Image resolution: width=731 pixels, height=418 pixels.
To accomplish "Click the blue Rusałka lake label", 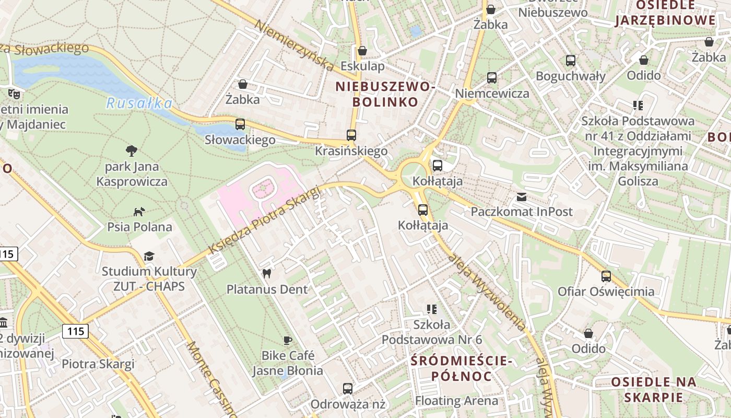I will click(x=139, y=103).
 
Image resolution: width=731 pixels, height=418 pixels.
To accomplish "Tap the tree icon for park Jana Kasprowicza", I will click(x=132, y=151).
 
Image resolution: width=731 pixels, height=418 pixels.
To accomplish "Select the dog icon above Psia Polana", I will click(x=139, y=212).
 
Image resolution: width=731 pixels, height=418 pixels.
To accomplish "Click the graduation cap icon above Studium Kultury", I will click(x=149, y=256).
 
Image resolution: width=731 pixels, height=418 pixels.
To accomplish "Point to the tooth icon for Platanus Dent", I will click(x=267, y=273).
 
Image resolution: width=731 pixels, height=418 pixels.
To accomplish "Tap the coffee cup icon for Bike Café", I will click(x=287, y=340).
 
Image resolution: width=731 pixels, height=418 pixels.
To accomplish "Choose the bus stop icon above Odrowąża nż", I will click(x=348, y=388).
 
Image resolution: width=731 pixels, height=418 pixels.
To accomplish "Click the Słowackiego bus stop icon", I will click(x=240, y=124).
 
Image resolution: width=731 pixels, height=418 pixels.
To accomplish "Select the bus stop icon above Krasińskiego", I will click(x=351, y=135).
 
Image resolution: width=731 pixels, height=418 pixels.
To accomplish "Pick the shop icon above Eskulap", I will click(x=362, y=51).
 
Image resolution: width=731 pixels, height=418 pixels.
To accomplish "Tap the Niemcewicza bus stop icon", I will click(x=492, y=78).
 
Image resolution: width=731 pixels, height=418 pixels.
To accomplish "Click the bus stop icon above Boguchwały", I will click(x=571, y=61).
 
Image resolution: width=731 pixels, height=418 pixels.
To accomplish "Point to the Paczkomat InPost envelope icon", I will click(x=521, y=196).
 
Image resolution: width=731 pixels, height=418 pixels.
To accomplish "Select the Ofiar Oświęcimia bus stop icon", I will click(x=606, y=276).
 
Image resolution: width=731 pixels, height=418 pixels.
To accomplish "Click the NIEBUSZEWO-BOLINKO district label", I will click(x=385, y=94).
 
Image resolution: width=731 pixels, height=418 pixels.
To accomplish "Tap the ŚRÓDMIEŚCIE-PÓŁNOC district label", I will click(x=462, y=368).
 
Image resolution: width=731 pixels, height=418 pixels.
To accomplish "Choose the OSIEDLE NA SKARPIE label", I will click(x=654, y=389).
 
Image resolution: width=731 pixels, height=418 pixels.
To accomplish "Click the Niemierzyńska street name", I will click(x=295, y=45).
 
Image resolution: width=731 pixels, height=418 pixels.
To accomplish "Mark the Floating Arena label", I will click(x=457, y=401).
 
